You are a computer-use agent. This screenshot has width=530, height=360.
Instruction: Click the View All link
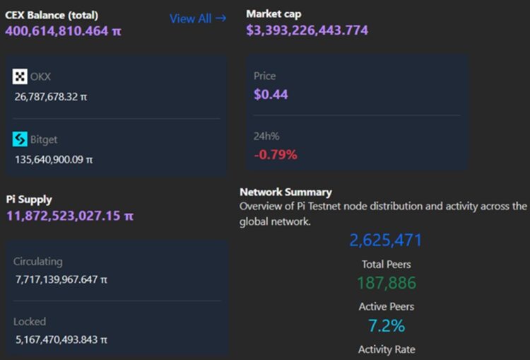(197, 18)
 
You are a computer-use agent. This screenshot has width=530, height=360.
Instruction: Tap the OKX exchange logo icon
(20, 77)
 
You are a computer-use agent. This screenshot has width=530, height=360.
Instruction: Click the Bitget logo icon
(20, 139)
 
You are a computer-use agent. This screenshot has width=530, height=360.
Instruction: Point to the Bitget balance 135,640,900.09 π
(54, 159)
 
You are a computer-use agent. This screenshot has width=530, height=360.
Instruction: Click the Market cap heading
(273, 14)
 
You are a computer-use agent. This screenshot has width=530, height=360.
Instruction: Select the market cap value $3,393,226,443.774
(307, 30)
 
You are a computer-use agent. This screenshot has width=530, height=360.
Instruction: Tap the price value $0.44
(271, 94)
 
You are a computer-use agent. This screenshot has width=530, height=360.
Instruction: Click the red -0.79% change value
(276, 153)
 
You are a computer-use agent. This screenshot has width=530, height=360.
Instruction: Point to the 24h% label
(266, 135)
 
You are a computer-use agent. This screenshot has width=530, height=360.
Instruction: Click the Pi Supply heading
(29, 199)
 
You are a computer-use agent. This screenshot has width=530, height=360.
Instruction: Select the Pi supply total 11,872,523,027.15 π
(69, 216)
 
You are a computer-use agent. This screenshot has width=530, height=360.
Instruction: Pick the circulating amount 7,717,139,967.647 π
(61, 279)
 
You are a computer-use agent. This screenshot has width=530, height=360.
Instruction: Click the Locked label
(30, 322)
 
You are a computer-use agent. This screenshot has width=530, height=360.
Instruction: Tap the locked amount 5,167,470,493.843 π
(61, 339)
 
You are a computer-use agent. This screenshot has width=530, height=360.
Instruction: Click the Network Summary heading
(285, 192)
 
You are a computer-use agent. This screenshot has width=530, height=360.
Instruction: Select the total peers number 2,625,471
(385, 240)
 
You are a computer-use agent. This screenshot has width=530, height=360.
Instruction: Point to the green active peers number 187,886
(386, 284)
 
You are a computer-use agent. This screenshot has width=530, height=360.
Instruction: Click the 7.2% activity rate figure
(386, 326)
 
